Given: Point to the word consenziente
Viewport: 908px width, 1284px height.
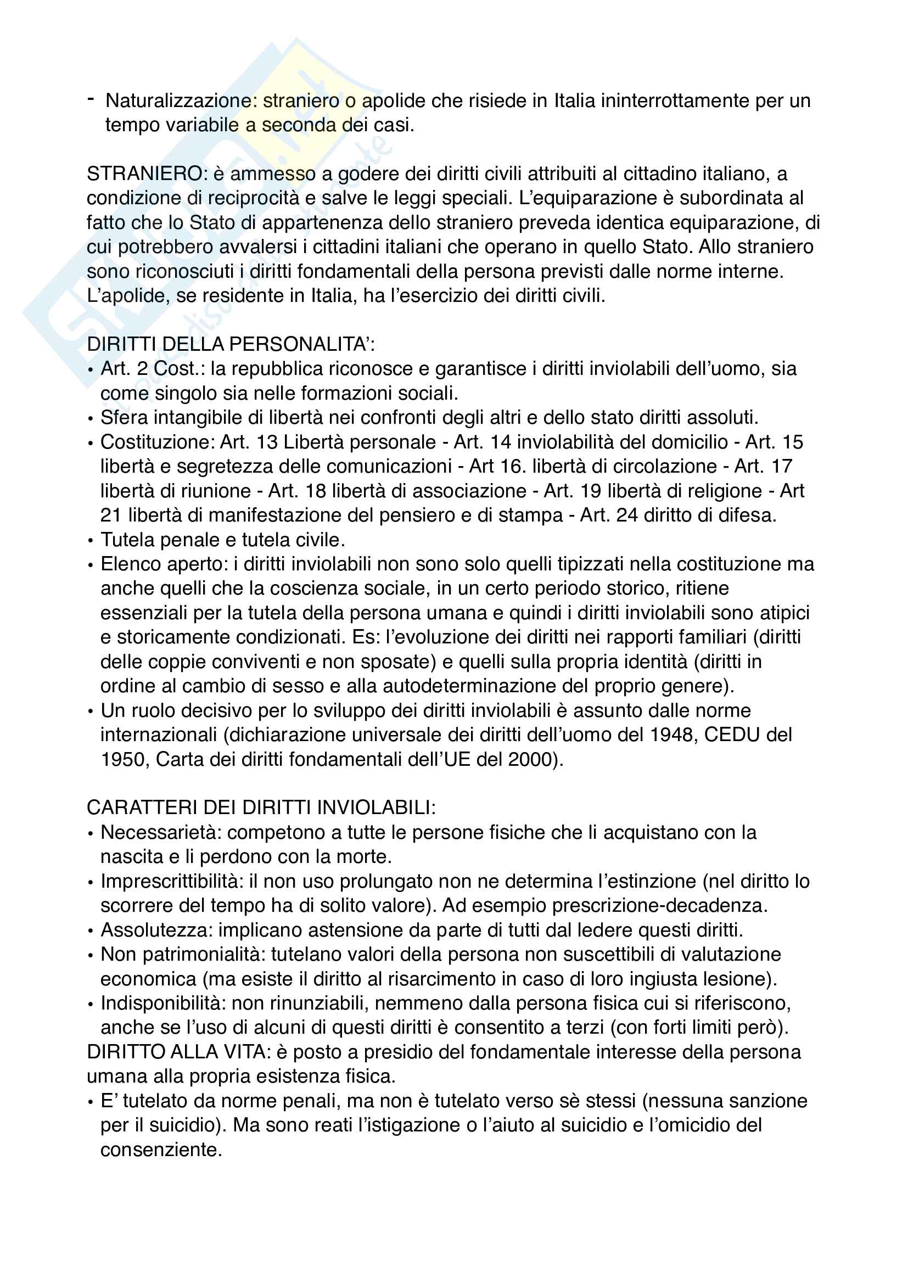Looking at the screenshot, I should (161, 1150).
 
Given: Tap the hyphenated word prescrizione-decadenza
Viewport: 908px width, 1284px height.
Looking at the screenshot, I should (654, 905).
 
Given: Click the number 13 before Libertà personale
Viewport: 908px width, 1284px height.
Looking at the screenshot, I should (267, 442).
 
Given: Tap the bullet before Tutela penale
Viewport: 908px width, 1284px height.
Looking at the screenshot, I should (91, 541).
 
